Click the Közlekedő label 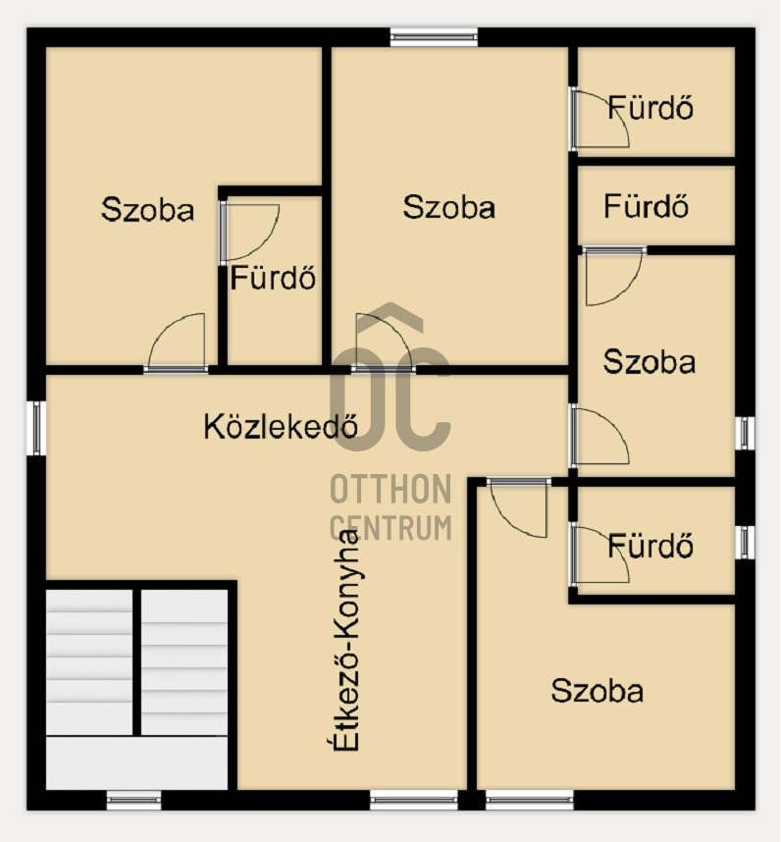pos(281,427)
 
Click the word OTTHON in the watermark pos(390,489)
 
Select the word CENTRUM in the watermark pos(390,527)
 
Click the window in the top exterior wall pos(434,36)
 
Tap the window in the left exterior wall pos(36,428)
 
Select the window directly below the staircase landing pos(133,800)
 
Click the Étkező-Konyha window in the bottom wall pos(414,800)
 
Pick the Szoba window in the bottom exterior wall pos(529,800)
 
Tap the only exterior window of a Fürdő pos(745,542)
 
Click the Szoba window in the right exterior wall pos(745,433)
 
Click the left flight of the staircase pos(89,662)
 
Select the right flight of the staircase pos(184,662)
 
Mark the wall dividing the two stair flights pos(137,662)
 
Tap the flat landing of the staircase pos(137,763)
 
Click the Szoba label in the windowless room pos(147,209)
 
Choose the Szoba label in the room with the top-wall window pos(448,207)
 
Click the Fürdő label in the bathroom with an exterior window pos(651,546)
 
